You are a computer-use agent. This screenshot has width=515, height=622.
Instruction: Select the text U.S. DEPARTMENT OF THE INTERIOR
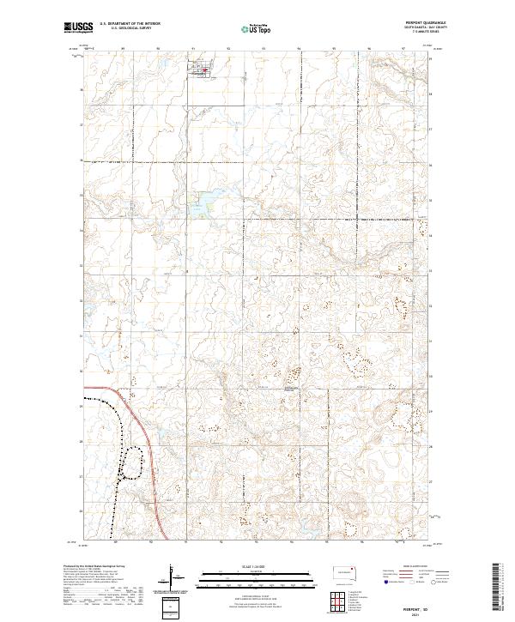[x=130, y=24]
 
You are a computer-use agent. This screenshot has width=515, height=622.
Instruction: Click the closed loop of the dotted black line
[x=130, y=463]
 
